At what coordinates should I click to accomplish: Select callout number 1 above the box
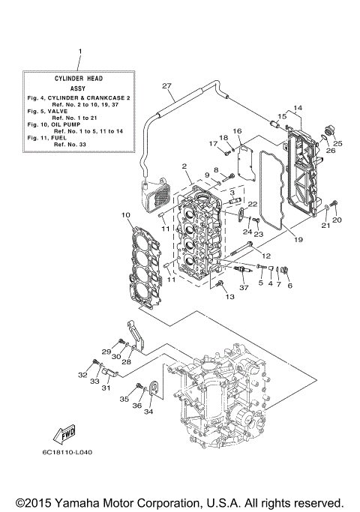click(79, 51)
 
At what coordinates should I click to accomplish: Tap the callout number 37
click(243, 287)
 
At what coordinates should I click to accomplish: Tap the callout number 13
click(229, 297)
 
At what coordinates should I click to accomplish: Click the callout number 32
click(83, 374)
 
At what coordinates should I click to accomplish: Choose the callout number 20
click(337, 220)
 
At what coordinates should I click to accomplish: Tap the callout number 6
click(289, 285)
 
